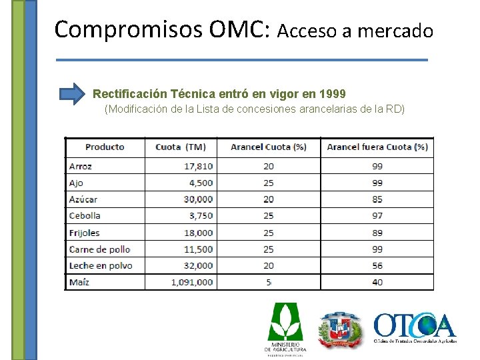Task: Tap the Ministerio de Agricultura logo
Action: [x=285, y=328]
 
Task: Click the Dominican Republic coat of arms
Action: [x=339, y=329]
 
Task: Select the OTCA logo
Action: [x=415, y=327]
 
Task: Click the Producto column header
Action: [x=105, y=147]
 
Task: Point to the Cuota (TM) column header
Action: [x=181, y=147]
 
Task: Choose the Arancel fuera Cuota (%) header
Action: [x=377, y=147]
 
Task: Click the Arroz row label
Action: [x=81, y=166]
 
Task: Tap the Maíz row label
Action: [x=79, y=282]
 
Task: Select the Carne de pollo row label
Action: [x=100, y=249]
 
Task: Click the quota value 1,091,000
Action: [x=192, y=282]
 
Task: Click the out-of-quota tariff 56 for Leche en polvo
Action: [x=377, y=265]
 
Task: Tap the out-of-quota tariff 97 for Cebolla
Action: [x=377, y=215]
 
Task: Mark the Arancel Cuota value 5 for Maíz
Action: [x=269, y=282]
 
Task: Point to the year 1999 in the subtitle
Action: [x=333, y=93]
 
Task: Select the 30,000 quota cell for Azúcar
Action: [x=199, y=199]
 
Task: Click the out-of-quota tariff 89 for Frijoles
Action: [x=377, y=233]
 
